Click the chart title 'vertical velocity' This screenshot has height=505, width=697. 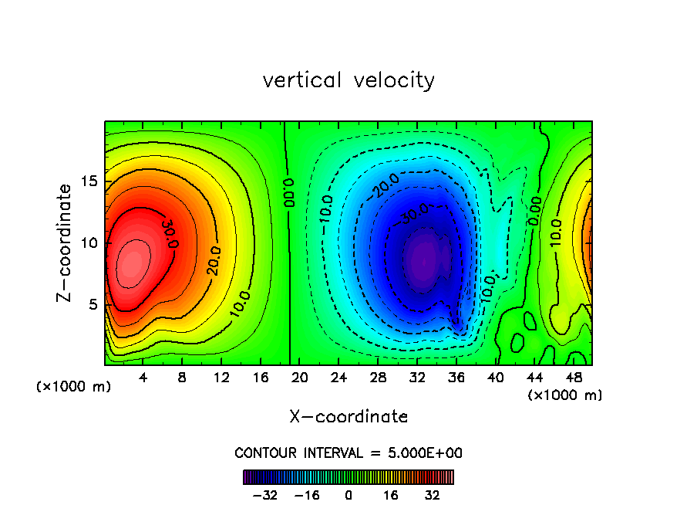(348, 80)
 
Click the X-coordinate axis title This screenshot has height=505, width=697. (348, 417)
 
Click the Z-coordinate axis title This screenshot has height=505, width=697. (66, 242)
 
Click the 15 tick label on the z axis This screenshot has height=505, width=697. (90, 181)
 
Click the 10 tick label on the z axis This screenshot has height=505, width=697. (90, 242)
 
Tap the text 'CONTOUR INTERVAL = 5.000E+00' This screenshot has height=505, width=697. (348, 452)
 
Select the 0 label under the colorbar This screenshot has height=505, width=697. (348, 495)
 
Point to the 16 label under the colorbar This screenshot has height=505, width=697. (391, 495)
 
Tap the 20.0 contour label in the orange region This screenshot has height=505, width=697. (212, 261)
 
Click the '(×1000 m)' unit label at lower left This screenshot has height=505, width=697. (74, 387)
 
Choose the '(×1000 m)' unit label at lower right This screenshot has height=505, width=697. (565, 395)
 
